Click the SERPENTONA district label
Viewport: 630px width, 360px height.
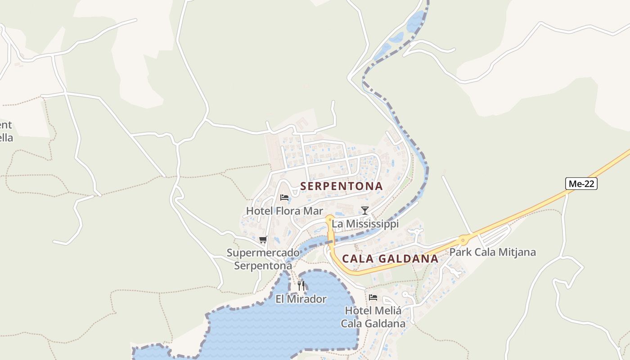coord(341,186)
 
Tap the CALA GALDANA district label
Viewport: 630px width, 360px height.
coord(390,258)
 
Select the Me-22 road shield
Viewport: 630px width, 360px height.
coord(581,184)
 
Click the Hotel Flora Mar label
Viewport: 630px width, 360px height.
coord(284,211)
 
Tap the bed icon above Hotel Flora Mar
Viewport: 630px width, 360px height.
coord(284,197)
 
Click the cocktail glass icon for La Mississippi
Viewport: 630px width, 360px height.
coord(365,210)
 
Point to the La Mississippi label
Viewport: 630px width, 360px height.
coord(365,224)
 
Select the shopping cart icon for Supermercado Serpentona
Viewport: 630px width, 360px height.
coord(263,239)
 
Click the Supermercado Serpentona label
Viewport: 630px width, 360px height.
coord(263,259)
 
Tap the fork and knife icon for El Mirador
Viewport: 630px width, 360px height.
coord(301,285)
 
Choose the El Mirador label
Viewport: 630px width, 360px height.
coord(301,299)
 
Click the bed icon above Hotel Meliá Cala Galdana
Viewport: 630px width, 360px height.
coord(373,297)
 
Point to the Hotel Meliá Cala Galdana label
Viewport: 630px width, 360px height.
coord(373,317)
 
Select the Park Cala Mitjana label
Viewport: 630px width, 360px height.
coord(493,252)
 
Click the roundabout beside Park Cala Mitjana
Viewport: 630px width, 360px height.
coord(463,240)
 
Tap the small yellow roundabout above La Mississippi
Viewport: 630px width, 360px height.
coord(330,218)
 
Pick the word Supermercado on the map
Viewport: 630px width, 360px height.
coord(263,252)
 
